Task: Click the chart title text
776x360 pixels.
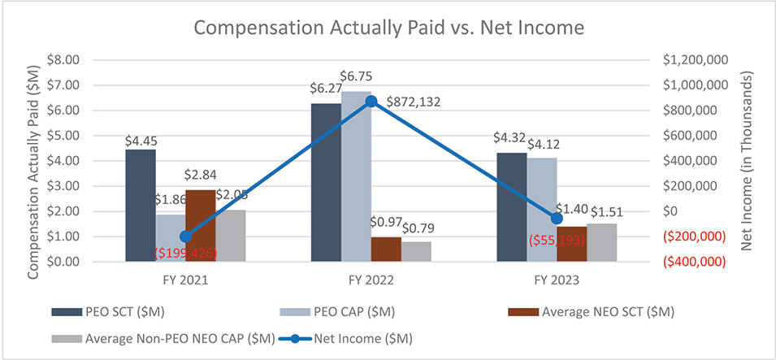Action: [x=388, y=27]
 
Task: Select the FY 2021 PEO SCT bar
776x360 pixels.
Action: [x=140, y=206]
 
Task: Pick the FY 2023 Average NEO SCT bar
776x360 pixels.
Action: [x=572, y=244]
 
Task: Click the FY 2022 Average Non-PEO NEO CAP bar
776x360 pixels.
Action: [x=416, y=252]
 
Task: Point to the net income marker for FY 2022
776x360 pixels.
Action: [x=371, y=102]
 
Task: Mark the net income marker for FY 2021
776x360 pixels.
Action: [x=185, y=236]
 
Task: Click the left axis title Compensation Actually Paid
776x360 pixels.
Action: [x=34, y=160]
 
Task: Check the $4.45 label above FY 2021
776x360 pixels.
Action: [x=140, y=140]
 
